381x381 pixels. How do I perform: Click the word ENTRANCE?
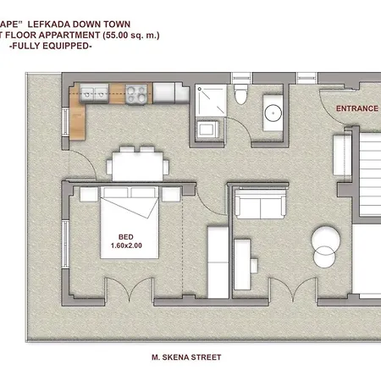[357, 108]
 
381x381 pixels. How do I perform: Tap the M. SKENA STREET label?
[182, 357]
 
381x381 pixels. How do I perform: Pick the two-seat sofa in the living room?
[258, 205]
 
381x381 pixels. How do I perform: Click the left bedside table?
[87, 194]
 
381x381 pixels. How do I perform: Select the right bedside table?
[172, 194]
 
